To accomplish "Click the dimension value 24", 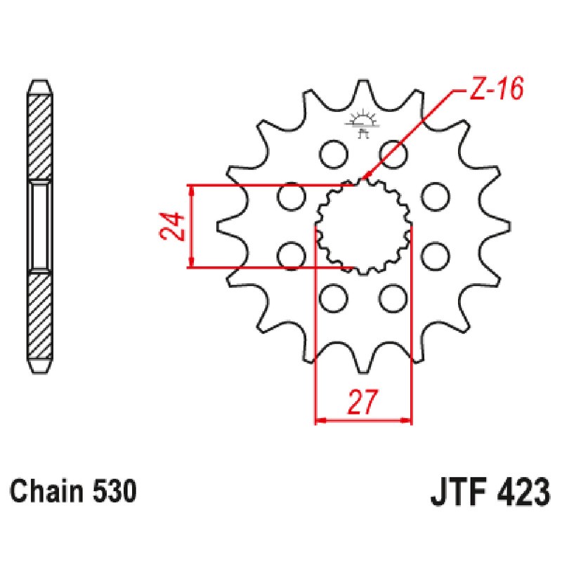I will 176,226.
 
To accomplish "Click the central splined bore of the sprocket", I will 362,226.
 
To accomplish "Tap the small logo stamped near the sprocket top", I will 363,122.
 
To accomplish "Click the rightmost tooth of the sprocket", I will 500,227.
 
